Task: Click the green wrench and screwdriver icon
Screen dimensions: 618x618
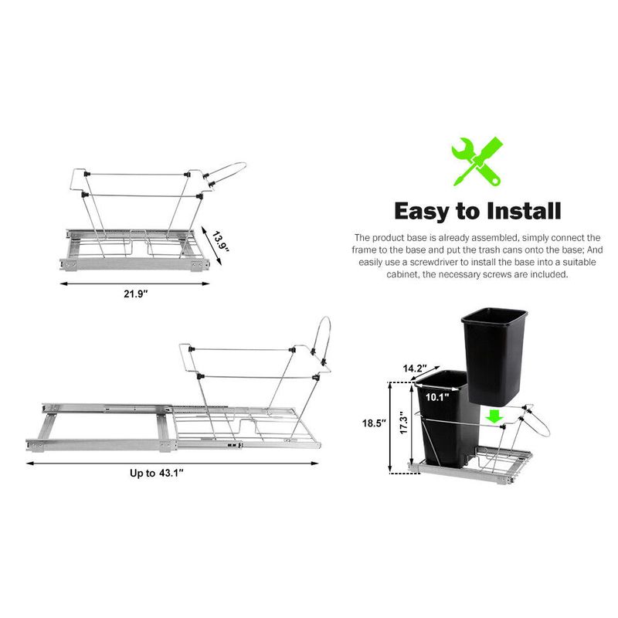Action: pos(477,161)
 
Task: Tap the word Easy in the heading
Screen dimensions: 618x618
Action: pos(422,212)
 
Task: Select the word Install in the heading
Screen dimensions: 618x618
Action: pos(524,211)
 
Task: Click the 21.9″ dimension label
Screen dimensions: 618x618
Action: pos(135,294)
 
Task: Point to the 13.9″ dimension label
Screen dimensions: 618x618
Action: pos(220,242)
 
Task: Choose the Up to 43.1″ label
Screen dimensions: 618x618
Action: pos(157,473)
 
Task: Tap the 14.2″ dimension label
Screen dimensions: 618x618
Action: pos(415,368)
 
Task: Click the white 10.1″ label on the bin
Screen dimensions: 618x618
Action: pos(437,397)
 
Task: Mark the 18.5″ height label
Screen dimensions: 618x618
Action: pos(374,423)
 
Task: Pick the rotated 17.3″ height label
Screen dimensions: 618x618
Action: pos(403,423)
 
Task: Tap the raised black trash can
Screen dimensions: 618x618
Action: pos(494,357)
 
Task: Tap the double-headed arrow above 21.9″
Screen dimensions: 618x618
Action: pos(134,284)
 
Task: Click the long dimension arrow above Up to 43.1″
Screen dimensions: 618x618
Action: pos(172,463)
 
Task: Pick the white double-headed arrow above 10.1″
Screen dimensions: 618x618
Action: pos(436,387)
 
